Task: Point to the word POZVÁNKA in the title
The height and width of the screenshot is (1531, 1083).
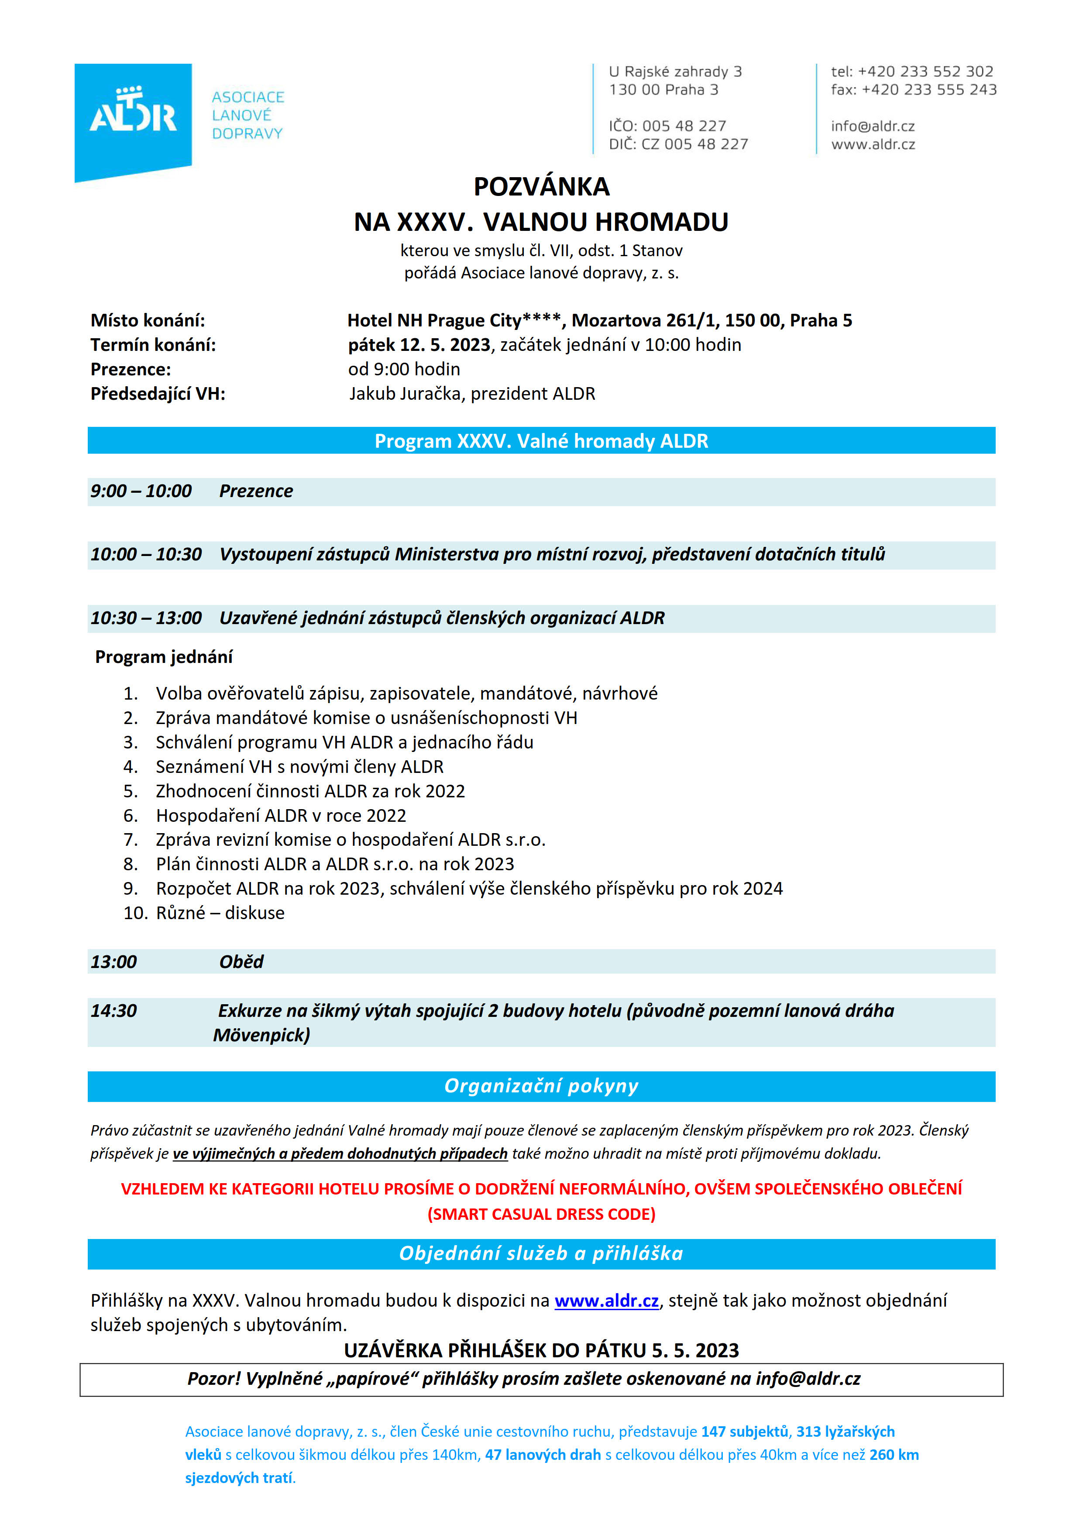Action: (541, 187)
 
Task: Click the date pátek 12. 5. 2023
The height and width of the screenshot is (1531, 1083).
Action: (419, 345)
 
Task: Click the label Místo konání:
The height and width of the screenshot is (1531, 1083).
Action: (148, 320)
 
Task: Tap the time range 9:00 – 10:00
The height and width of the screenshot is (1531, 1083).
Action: (141, 491)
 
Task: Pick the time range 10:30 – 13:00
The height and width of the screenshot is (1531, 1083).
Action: (146, 618)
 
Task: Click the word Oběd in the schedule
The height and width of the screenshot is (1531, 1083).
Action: (241, 961)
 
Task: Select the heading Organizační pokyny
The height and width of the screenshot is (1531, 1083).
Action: (541, 1086)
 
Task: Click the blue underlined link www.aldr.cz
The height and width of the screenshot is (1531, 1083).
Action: (606, 1301)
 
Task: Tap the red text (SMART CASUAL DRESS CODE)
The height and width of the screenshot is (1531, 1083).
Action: (541, 1214)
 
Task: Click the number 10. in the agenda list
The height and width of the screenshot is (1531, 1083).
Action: (135, 913)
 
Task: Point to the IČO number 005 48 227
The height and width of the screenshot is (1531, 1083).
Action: (684, 126)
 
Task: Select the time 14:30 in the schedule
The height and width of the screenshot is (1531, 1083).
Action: (113, 1011)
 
